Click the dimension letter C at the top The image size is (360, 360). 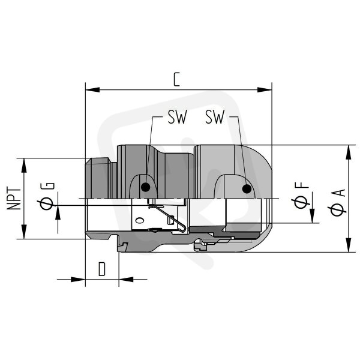[176, 79]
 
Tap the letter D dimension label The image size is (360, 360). [102, 269]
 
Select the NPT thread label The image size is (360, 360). [14, 199]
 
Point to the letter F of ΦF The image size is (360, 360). [302, 185]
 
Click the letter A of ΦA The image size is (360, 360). [340, 193]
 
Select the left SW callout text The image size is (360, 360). [178, 117]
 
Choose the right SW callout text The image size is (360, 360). [215, 117]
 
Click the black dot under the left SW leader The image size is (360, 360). [146, 187]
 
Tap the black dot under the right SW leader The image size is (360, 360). [247, 189]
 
